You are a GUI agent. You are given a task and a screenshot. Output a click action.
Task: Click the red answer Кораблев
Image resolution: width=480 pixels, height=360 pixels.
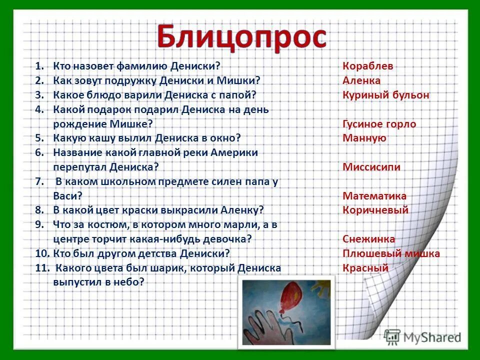(368, 66)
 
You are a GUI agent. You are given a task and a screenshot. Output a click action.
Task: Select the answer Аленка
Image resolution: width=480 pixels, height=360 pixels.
(361, 80)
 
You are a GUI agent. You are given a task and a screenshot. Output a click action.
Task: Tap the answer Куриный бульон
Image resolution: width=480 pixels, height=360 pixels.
(386, 95)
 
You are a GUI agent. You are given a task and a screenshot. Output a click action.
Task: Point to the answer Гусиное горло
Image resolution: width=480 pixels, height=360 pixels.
(379, 124)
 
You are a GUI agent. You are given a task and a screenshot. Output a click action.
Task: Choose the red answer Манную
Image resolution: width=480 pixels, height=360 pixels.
(364, 138)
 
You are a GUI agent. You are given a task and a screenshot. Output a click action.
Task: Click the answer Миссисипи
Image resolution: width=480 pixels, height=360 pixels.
(371, 167)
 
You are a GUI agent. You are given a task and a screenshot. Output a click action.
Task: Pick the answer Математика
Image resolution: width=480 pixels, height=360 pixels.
(374, 196)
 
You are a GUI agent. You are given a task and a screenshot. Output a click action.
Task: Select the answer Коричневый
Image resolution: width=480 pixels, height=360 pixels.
(375, 210)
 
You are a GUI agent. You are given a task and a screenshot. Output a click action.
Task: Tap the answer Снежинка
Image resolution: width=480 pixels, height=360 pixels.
(369, 239)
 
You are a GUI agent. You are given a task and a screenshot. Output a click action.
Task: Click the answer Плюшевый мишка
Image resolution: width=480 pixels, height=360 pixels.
(391, 253)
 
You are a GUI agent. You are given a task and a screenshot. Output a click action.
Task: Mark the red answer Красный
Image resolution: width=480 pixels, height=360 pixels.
(365, 268)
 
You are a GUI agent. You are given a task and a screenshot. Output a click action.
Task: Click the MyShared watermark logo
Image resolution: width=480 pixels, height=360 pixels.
(423, 336)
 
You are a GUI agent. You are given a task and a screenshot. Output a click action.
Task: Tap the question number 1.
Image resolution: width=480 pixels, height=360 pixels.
(39, 66)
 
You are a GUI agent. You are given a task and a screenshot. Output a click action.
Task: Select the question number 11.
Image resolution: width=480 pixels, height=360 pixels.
(42, 268)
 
